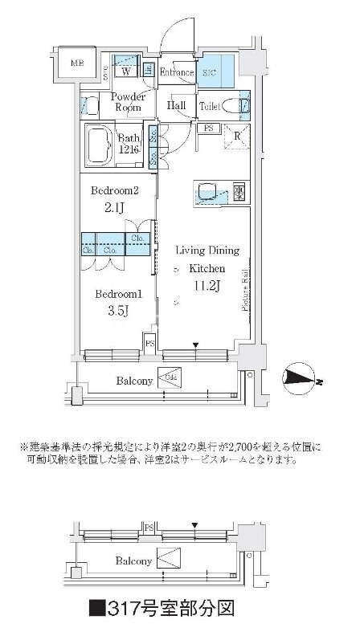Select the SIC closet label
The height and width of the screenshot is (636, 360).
tap(210, 73)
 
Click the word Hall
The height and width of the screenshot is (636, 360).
tap(177, 105)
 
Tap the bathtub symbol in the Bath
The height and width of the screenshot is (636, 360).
tap(100, 145)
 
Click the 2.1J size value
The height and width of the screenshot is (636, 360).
tap(114, 209)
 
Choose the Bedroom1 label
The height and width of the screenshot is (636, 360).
tap(114, 294)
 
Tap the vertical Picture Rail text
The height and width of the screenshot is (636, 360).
tap(241, 290)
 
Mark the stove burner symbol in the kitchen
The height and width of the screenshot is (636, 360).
tap(238, 190)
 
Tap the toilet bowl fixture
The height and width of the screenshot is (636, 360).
tap(232, 105)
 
